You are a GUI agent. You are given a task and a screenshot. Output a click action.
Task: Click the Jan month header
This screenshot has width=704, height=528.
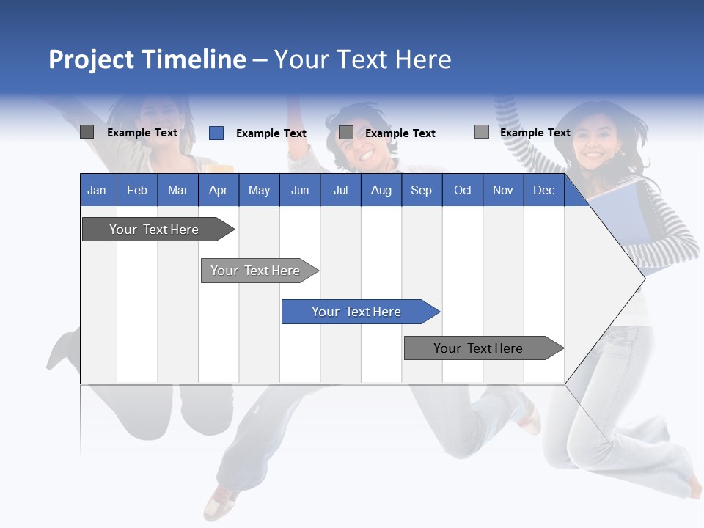point(97,190)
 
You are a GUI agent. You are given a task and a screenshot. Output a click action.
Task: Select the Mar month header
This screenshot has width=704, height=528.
point(177,190)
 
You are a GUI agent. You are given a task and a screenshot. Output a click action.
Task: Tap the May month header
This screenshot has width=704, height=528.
point(259,190)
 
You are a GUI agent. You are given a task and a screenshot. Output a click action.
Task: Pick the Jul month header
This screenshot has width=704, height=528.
point(340,190)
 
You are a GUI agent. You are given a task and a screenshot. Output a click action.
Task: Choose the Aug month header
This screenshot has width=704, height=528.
point(381,190)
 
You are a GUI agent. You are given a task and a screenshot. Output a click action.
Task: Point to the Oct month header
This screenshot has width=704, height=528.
point(463,190)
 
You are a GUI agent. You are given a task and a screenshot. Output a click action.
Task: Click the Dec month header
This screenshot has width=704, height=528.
point(543,190)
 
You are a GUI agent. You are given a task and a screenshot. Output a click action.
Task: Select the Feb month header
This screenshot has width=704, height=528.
point(137,190)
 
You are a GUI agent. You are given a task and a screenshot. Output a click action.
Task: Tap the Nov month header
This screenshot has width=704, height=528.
point(502,190)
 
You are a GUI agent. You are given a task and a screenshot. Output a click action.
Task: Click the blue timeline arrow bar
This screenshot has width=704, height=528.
point(359,312)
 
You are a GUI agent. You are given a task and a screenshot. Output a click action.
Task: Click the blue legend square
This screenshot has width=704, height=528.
point(216,133)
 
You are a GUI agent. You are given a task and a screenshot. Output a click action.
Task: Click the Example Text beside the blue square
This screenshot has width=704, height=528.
point(271,133)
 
